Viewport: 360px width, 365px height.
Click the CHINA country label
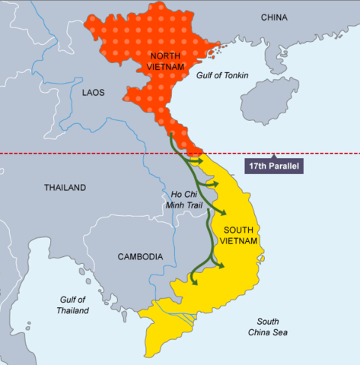click(x=274, y=17)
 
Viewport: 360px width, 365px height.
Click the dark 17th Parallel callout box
click(x=273, y=165)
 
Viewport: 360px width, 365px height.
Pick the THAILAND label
click(x=65, y=187)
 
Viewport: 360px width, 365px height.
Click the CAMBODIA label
click(x=140, y=256)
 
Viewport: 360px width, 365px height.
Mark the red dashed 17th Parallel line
click(x=76, y=154)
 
